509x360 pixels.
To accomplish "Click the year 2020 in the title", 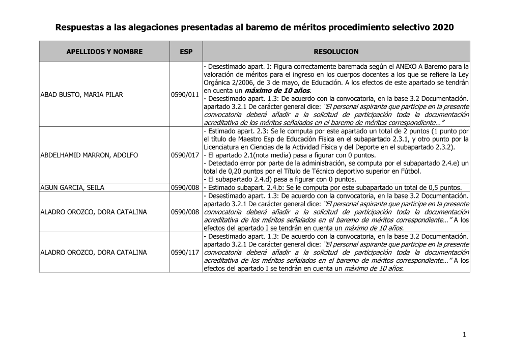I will point(442,27).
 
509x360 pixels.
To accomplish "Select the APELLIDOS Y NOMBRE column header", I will point(104,52).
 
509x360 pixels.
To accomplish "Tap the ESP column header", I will point(186,52).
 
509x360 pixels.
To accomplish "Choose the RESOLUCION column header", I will point(336,52).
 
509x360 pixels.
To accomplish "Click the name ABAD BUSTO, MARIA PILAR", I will point(81,95).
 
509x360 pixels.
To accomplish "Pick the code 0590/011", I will point(185,95).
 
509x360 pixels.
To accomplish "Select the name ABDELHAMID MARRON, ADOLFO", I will point(89,155).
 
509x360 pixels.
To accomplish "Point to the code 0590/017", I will point(185,155).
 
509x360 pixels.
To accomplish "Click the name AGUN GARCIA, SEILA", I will point(72,187).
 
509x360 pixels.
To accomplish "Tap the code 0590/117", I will point(185,253).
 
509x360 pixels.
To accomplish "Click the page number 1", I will point(464,335).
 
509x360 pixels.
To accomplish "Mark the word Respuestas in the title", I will point(79,27).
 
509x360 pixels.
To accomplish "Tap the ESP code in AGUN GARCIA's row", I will point(185,187).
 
